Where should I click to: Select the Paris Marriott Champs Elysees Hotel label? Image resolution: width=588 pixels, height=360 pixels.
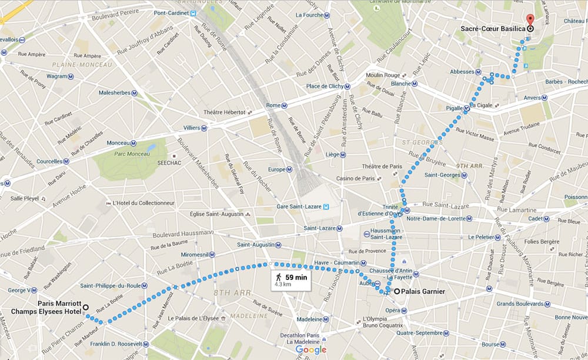tap(58, 308)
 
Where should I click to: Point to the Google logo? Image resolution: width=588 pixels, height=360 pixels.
tap(310, 350)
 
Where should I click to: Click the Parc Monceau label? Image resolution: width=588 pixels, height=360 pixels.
tap(122, 154)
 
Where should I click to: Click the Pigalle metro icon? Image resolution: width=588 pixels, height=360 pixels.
tap(465, 108)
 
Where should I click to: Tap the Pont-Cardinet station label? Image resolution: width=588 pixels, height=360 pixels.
tap(166, 13)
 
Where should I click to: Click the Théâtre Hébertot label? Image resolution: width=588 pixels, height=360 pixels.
tap(224, 112)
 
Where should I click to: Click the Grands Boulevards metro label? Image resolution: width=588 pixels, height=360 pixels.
tap(521, 304)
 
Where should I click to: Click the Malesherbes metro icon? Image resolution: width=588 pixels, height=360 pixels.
tap(135, 93)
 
